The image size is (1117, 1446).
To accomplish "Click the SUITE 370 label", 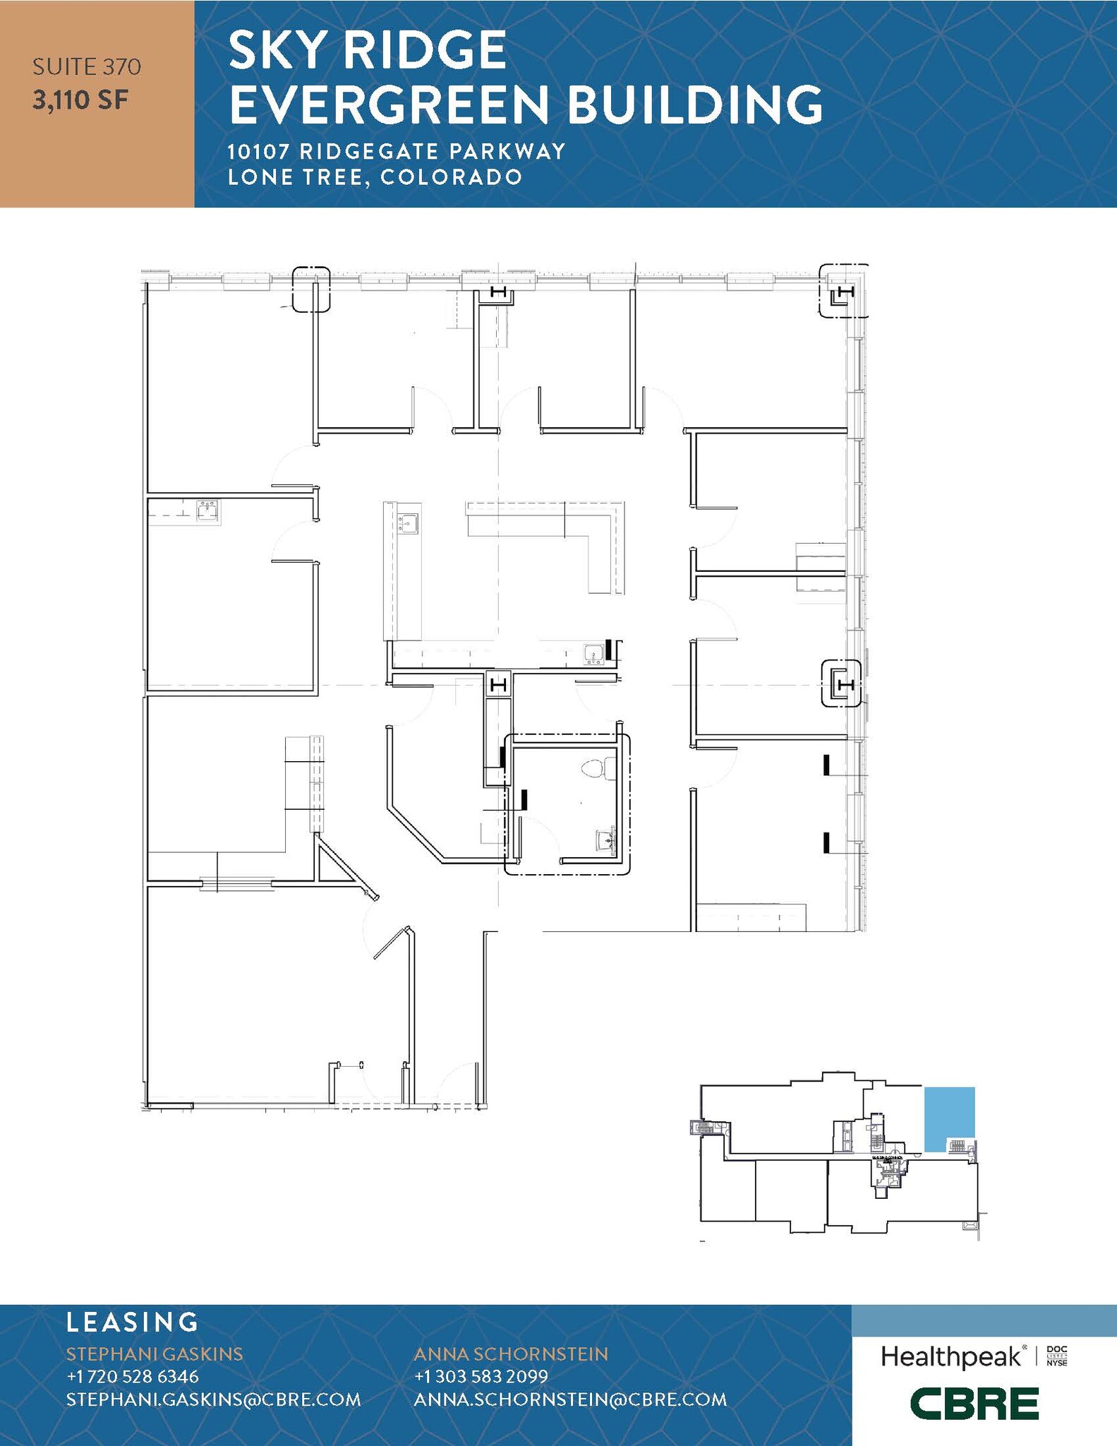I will [87, 67].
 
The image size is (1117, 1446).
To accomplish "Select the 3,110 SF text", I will [80, 100].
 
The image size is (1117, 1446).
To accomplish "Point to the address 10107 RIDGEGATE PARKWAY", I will [396, 151].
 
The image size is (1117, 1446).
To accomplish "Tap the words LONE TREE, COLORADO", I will [375, 177].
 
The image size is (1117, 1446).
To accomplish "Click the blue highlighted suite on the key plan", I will [949, 1118].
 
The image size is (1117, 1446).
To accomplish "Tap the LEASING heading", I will [132, 1322].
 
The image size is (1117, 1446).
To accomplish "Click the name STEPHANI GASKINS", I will [155, 1354].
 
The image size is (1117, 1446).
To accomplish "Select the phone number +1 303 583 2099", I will [481, 1376].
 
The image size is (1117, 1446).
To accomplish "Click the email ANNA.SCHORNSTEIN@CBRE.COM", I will [569, 1399].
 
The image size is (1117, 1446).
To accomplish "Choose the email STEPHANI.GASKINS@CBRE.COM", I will [213, 1399].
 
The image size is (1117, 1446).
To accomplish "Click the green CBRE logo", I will [974, 1403].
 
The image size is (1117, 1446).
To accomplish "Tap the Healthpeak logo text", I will [950, 1356].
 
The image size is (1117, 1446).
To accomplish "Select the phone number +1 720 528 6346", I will [133, 1376].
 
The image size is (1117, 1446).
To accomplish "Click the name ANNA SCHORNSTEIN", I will [510, 1354].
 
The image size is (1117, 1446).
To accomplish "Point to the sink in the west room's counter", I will [207, 510].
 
